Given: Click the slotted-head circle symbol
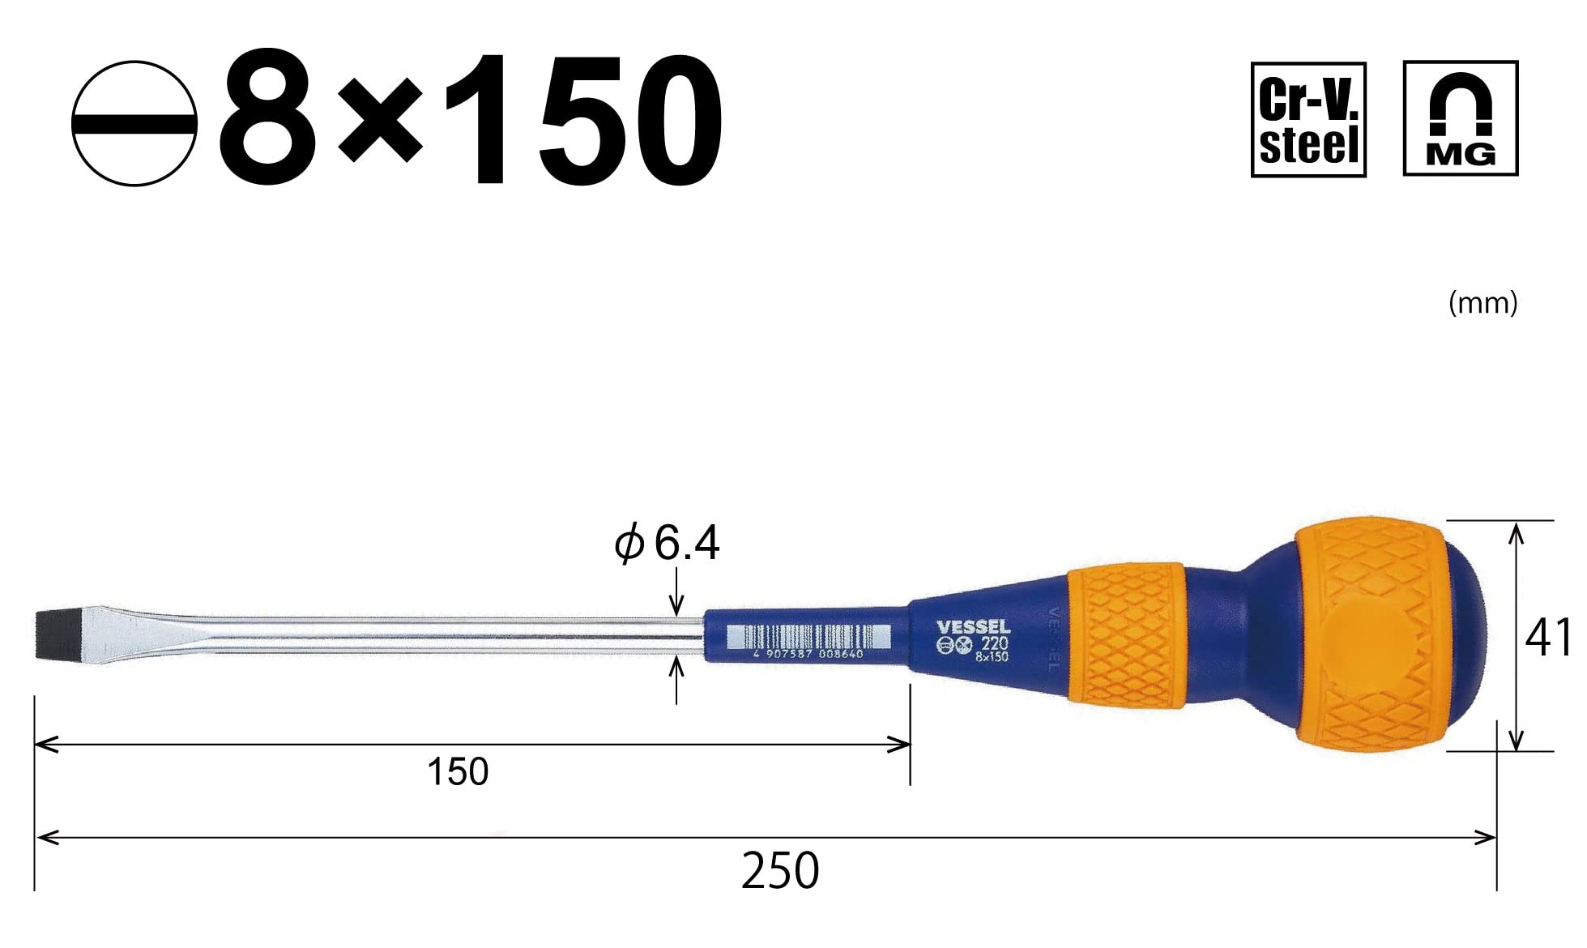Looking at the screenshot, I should [134, 123].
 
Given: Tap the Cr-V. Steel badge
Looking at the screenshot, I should [1308, 119].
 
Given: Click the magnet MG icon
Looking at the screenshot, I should [1460, 118].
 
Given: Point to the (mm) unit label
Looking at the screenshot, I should [1482, 303].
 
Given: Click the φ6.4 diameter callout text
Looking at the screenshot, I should [667, 543].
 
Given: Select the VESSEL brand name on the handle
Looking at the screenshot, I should [973, 627].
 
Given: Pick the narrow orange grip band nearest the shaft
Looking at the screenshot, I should [1125, 637].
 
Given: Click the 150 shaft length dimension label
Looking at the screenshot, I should [458, 772].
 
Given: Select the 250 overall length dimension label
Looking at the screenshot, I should [779, 872].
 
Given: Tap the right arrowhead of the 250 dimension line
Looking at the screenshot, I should [1487, 838].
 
